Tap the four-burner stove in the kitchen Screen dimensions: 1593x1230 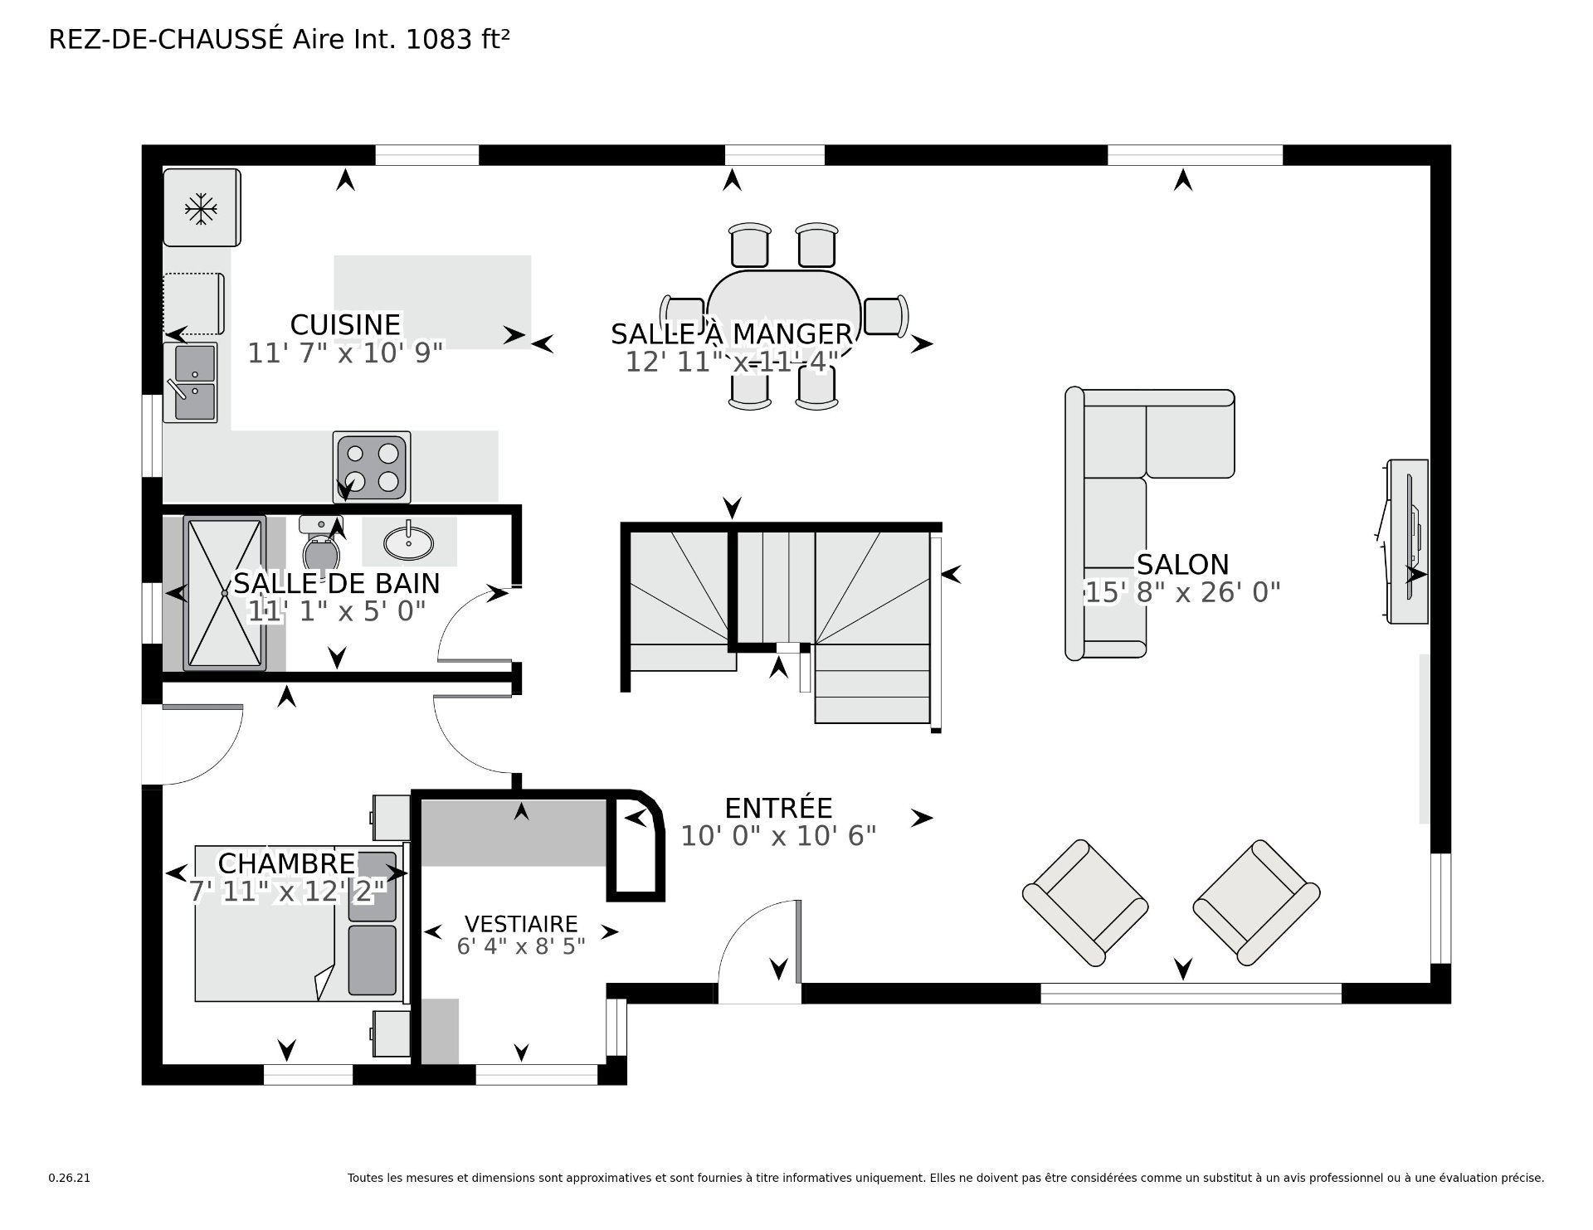tap(372, 467)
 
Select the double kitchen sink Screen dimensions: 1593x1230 tap(191, 382)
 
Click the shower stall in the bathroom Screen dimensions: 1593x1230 tap(225, 593)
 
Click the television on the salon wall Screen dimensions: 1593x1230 tap(1407, 541)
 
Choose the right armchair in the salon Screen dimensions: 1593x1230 tap(1256, 902)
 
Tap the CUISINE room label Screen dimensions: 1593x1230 tap(345, 324)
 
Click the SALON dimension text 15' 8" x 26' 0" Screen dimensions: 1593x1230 tap(1182, 592)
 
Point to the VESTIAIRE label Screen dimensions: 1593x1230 tap(521, 924)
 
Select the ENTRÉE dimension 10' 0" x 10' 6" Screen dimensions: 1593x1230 tap(778, 836)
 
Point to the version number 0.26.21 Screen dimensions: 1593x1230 tap(69, 1178)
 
